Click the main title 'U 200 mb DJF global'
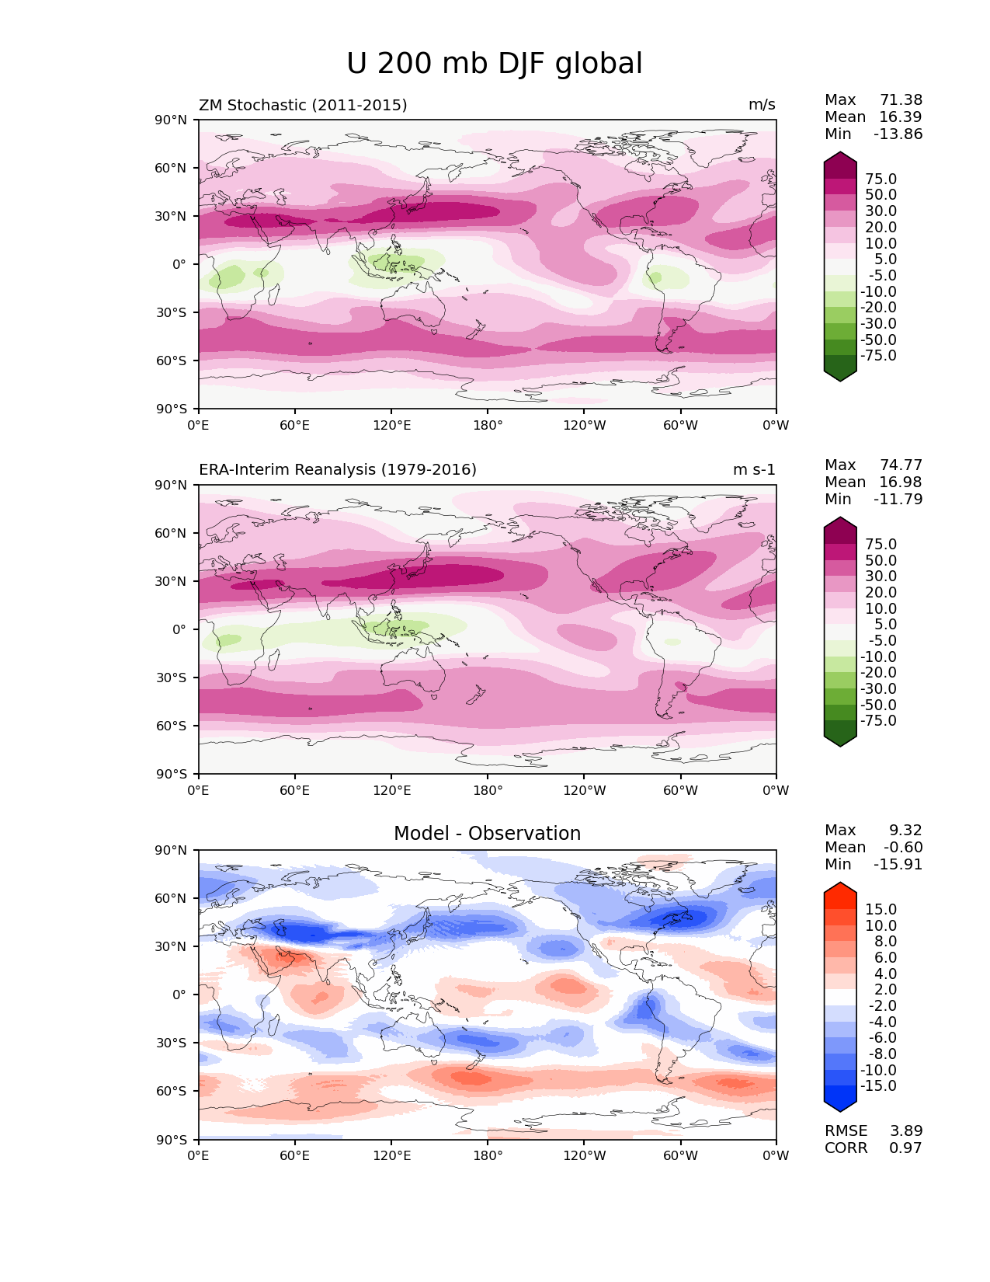[x=495, y=64]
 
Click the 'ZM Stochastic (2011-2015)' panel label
[x=303, y=105]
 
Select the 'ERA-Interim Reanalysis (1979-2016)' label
[x=338, y=470]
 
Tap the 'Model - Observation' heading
[x=487, y=834]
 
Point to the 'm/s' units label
[x=762, y=105]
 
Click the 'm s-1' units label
[x=754, y=470]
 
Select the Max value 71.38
[x=901, y=100]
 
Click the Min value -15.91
[x=898, y=865]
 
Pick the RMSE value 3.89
[x=905, y=1131]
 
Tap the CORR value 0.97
[x=905, y=1148]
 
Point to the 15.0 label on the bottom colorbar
[x=881, y=910]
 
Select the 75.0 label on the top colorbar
[x=881, y=179]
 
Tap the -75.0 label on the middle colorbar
[x=878, y=721]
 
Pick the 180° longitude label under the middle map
[x=488, y=791]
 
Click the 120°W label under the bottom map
[x=585, y=1156]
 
